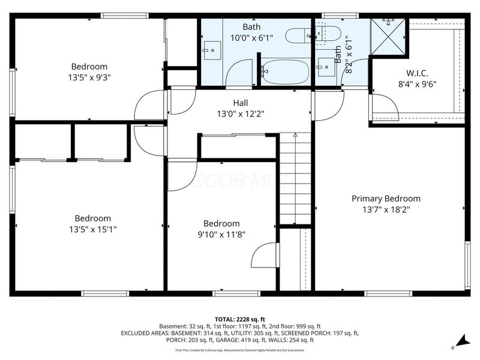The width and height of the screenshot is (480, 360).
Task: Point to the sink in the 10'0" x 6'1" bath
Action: [x=211, y=51]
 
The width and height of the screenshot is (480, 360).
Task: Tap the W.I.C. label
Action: [x=417, y=73]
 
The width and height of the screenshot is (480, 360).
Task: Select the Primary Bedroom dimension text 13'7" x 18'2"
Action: [x=386, y=209]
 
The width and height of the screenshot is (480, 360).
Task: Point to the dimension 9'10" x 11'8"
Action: [x=221, y=235]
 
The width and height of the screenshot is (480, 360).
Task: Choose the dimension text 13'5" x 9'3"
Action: [x=89, y=77]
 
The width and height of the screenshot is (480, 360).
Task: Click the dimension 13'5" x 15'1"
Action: [x=93, y=229]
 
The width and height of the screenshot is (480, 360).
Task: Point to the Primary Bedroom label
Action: [x=386, y=199]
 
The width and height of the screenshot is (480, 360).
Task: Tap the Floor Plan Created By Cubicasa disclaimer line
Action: [x=239, y=350]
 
